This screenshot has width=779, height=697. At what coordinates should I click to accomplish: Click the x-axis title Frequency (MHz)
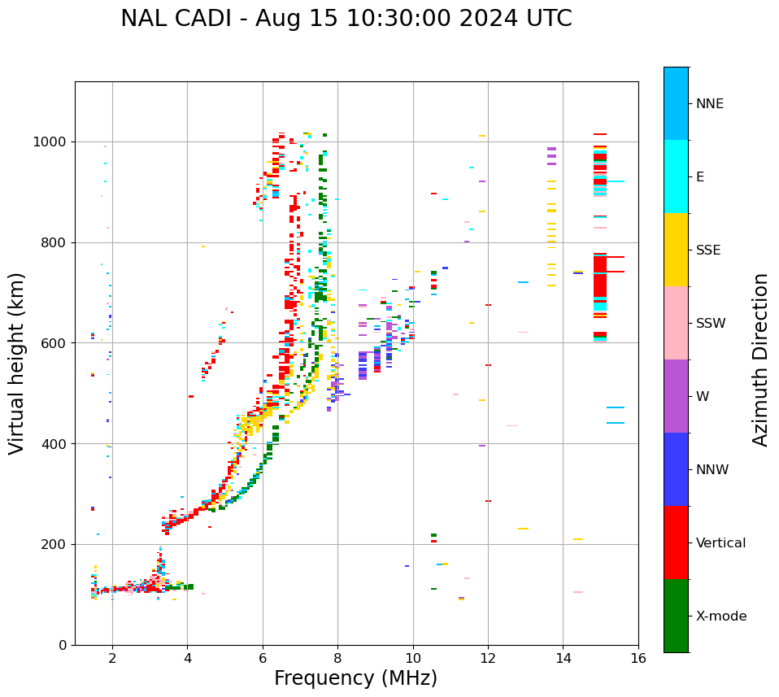pos(355,678)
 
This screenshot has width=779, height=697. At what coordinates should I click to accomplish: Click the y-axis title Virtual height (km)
pos(18,363)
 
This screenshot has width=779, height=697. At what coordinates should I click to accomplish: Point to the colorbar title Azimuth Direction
pos(760,359)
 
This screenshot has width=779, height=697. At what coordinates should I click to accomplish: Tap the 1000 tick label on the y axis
pos(50,142)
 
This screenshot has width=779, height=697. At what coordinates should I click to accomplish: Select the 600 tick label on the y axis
pos(54,343)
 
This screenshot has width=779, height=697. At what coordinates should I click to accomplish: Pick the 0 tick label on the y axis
pos(63,645)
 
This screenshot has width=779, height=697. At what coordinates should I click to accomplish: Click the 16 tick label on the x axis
pos(638,658)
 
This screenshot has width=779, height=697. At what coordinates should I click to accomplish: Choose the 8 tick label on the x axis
pos(337,658)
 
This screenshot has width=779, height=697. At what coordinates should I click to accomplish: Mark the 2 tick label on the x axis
pos(112,658)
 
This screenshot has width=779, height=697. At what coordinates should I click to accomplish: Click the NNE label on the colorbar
pos(709,104)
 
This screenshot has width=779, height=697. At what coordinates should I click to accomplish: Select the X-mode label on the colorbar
pos(721,616)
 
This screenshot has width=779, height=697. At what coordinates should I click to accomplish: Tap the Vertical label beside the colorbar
pos(720,543)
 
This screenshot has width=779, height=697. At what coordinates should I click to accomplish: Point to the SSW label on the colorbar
pos(711,324)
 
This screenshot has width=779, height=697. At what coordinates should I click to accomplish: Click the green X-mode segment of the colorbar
pos(676,616)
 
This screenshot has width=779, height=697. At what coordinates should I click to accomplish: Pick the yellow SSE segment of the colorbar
pos(676,250)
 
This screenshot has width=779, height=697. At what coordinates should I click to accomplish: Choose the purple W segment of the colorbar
pos(676,396)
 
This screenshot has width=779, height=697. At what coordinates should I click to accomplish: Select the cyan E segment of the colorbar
pos(676,176)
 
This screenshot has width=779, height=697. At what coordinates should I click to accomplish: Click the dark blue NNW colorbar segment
pos(676,469)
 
